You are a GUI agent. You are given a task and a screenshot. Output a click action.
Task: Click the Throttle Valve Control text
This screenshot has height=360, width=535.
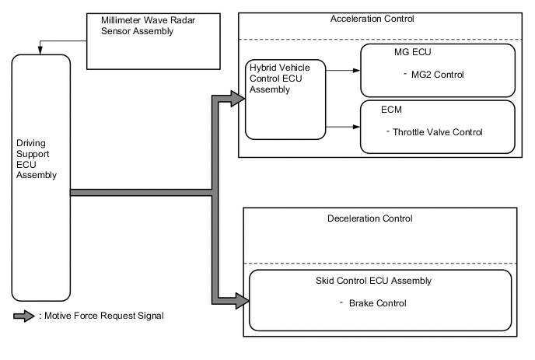click(x=436, y=132)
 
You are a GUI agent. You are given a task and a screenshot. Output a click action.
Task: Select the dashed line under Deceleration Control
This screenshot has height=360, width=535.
click(x=381, y=263)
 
